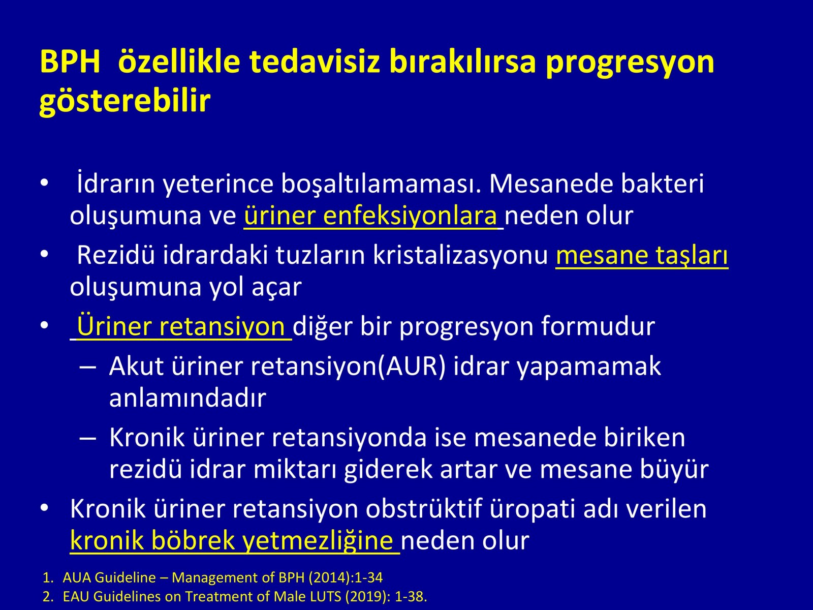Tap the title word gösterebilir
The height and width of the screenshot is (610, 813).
(x=125, y=101)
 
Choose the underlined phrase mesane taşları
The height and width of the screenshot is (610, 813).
(x=642, y=255)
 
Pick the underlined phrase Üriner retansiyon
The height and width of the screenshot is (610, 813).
(x=181, y=326)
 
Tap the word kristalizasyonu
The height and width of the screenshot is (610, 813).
(x=460, y=255)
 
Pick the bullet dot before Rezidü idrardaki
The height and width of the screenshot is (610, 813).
(x=44, y=255)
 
